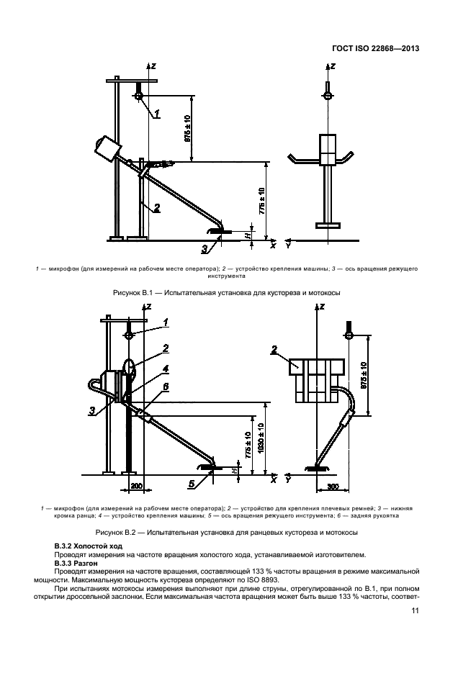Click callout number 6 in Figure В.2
145,386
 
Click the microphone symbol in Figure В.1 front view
328,94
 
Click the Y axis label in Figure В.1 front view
287,245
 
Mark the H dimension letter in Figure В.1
247,235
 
